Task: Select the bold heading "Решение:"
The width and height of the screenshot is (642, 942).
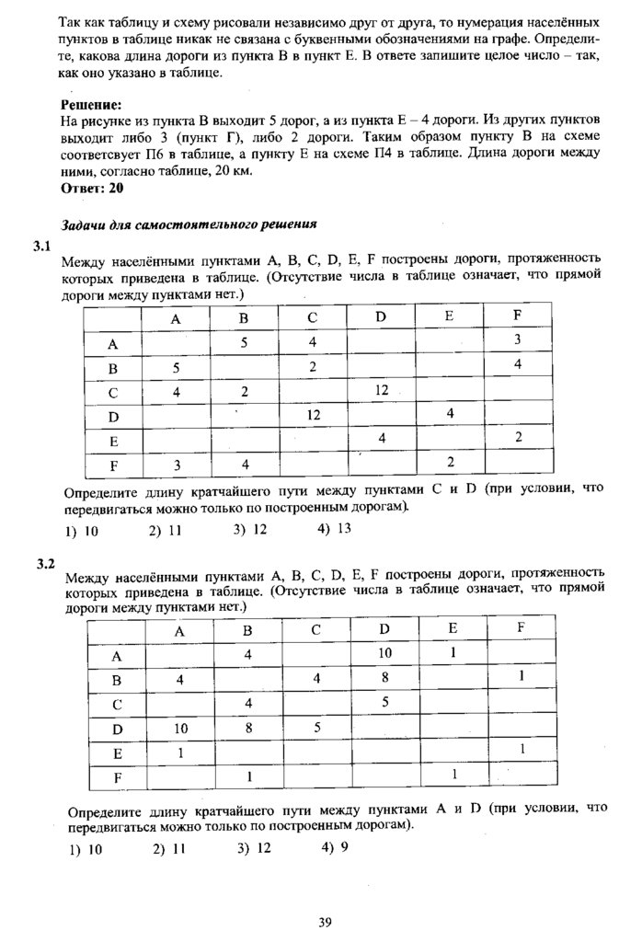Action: (x=91, y=105)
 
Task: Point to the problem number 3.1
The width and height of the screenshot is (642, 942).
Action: (x=43, y=245)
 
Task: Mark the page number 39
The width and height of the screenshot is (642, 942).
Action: (x=324, y=923)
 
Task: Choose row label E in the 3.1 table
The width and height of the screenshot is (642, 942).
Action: (x=113, y=441)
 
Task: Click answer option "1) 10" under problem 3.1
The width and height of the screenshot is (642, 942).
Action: (x=83, y=532)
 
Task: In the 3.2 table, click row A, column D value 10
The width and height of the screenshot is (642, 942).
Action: (x=384, y=653)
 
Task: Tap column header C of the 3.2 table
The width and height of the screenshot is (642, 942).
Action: (x=315, y=630)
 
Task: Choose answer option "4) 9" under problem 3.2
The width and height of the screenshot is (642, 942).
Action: (x=335, y=847)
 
